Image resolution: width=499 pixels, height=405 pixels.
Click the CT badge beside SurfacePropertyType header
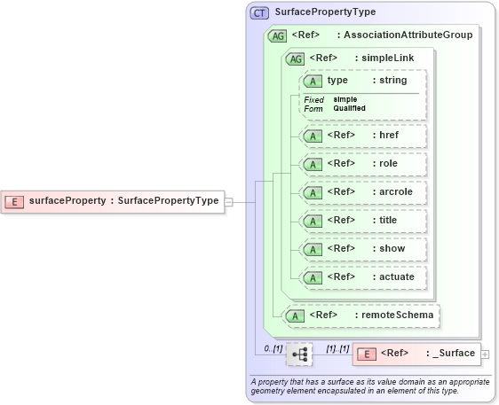(259, 13)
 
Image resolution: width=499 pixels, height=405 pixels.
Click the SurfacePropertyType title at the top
(325, 13)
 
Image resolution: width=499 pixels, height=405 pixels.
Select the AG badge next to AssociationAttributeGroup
(277, 35)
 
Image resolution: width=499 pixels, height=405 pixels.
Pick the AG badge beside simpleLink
(292, 58)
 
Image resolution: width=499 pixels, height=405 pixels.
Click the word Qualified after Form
(350, 108)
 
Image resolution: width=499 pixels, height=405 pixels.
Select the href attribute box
(363, 136)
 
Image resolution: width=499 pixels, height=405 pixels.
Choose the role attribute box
(363, 164)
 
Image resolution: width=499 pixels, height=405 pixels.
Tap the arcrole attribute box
(363, 192)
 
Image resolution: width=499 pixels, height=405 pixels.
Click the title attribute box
(363, 221)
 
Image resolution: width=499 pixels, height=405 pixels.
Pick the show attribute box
(363, 249)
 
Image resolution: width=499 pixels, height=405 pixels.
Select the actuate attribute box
(363, 277)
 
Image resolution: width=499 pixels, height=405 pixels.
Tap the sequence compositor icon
(299, 354)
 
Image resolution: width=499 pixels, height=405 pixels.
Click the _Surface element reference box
(416, 354)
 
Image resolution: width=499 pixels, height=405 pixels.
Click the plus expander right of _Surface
(484, 354)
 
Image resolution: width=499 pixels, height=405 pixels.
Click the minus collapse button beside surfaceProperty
(229, 201)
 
